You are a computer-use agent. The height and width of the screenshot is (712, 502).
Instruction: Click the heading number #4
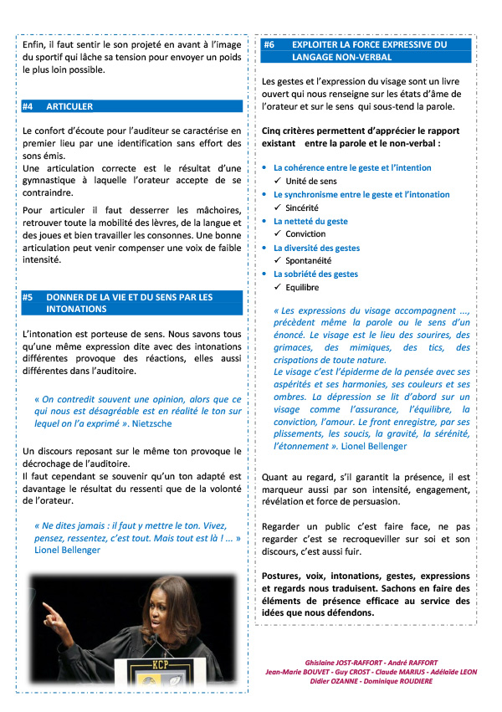(28, 107)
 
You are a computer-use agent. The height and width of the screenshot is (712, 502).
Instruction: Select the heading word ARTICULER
(69, 107)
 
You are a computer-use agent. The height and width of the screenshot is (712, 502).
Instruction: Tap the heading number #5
(28, 297)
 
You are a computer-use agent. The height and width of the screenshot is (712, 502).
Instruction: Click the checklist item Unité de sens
(311, 181)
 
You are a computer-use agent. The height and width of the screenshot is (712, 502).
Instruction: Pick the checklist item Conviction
(305, 234)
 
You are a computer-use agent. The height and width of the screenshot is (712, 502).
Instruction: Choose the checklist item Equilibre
(302, 287)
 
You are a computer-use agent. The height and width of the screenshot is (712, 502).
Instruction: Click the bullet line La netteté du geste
(310, 221)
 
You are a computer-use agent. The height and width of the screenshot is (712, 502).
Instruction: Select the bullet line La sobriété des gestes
(315, 274)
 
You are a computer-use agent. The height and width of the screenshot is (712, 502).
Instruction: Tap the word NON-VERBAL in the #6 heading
(354, 57)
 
